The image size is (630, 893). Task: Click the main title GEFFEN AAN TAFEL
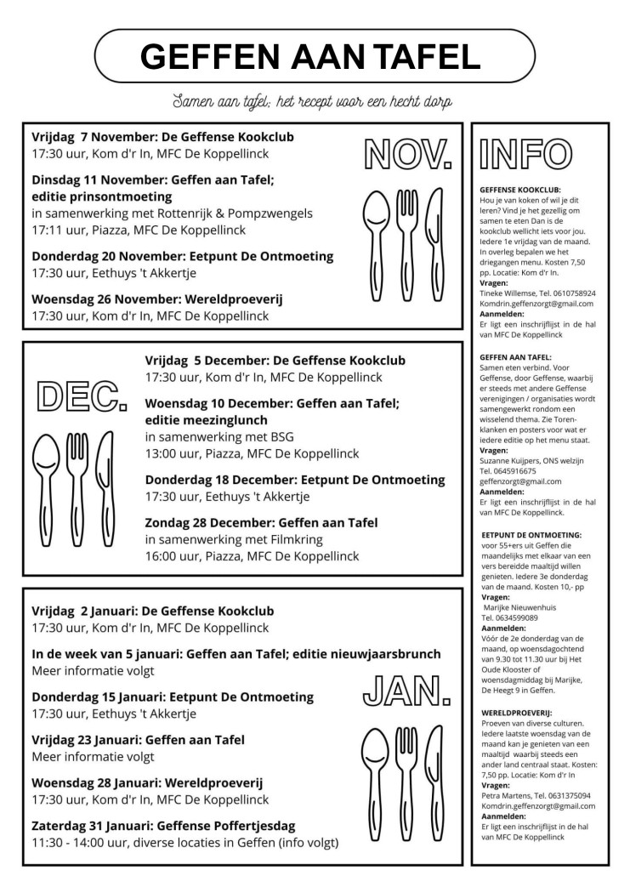point(310,56)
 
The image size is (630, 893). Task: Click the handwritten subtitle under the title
point(311,101)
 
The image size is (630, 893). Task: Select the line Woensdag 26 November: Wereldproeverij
point(156,299)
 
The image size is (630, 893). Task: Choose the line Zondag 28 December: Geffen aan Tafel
point(261,522)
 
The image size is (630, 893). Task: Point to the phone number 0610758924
point(568,293)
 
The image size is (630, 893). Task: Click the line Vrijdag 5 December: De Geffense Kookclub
point(275,360)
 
